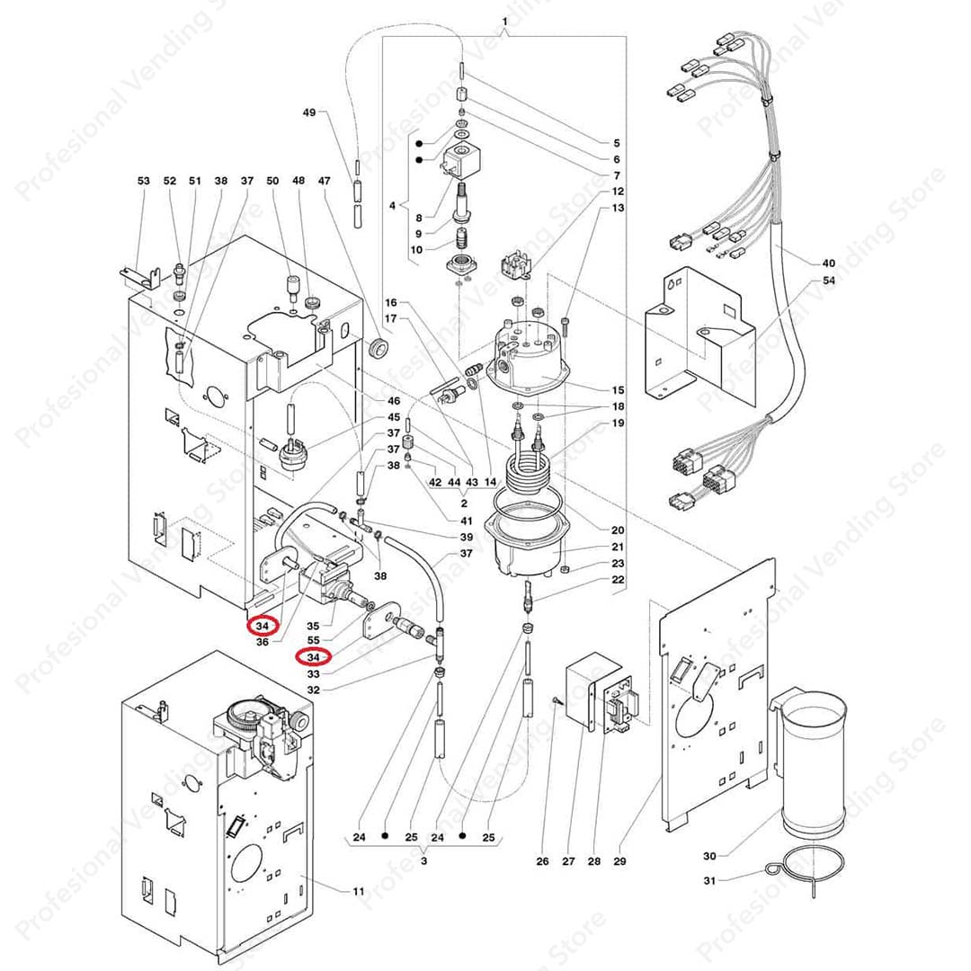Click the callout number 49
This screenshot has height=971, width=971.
click(x=308, y=112)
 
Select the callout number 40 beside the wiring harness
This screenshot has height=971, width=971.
click(x=828, y=263)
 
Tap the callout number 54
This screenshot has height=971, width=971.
click(x=828, y=280)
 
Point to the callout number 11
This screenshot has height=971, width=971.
click(x=359, y=891)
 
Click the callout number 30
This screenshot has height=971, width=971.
click(x=709, y=856)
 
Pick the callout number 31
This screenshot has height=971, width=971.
click(x=709, y=880)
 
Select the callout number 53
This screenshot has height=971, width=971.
click(x=143, y=180)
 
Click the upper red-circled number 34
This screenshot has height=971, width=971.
click(x=263, y=626)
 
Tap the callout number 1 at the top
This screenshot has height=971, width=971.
click(x=504, y=21)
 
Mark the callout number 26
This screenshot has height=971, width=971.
click(x=542, y=860)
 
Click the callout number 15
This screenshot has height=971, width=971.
click(x=618, y=389)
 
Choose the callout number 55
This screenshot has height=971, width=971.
click(x=314, y=640)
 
